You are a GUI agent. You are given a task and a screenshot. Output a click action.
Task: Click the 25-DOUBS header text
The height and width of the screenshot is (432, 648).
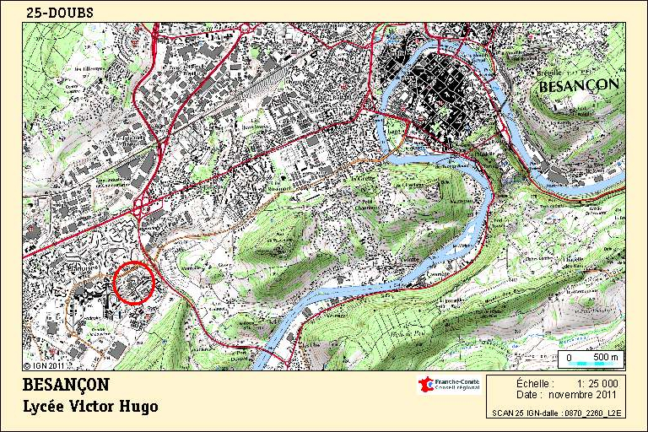(x=59, y=13)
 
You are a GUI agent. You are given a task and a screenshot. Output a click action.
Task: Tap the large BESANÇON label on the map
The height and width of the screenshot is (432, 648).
(x=579, y=84)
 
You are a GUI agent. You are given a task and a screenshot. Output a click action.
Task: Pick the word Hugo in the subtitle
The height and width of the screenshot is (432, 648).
(x=142, y=407)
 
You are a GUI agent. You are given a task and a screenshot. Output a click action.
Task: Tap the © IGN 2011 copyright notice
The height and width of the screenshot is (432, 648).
(x=44, y=366)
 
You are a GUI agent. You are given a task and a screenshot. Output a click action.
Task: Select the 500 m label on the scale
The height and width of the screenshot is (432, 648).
(x=607, y=357)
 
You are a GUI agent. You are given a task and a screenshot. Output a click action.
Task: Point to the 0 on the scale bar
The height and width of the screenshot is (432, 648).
(x=569, y=358)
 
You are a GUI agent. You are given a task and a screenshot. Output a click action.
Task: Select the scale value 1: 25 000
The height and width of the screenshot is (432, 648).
(x=597, y=383)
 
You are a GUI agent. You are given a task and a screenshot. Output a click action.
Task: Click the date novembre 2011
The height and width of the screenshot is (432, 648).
(x=583, y=394)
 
